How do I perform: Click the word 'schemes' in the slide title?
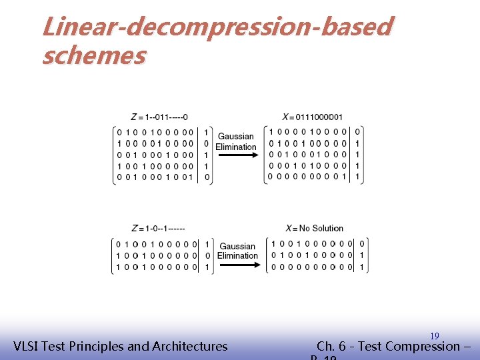coord(93,56)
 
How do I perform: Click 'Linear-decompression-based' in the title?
coord(217,27)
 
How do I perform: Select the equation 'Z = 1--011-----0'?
coord(159,117)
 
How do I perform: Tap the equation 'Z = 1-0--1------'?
coord(159,228)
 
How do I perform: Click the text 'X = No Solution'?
coord(314,228)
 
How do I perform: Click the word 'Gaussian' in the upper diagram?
coord(236,137)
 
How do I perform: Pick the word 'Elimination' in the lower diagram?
coord(237,255)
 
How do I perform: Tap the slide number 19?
coord(434,336)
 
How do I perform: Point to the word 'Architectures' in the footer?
coord(190,346)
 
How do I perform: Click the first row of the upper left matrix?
coord(155,132)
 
